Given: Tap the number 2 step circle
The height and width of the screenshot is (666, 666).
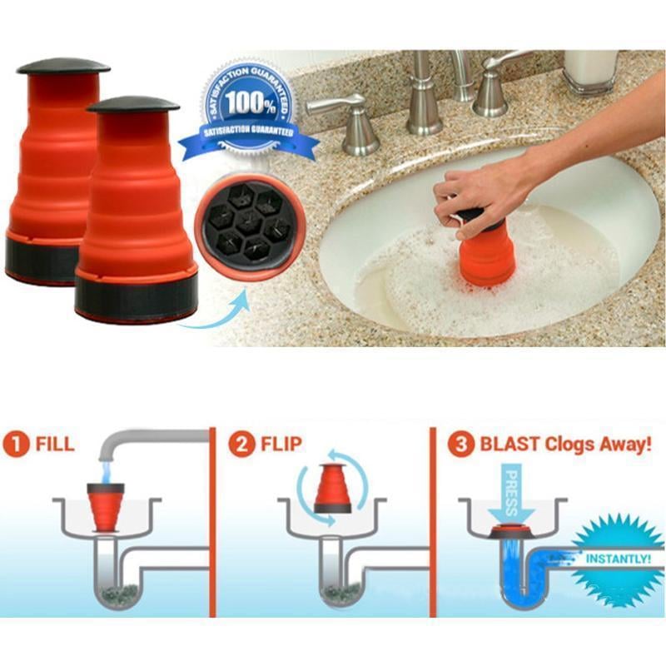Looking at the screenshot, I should click(x=243, y=444).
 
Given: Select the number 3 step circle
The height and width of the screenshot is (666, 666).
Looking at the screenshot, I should click(x=460, y=444).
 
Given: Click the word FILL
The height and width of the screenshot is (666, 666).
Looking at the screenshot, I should click(x=54, y=444).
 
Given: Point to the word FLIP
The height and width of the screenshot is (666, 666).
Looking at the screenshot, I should click(x=279, y=444).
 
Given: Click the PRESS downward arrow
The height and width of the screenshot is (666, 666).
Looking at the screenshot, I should click(x=508, y=493).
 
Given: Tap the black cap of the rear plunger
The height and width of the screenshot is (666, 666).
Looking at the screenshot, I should click(x=63, y=66).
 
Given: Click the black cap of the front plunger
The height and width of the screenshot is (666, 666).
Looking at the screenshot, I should click(x=133, y=104).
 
